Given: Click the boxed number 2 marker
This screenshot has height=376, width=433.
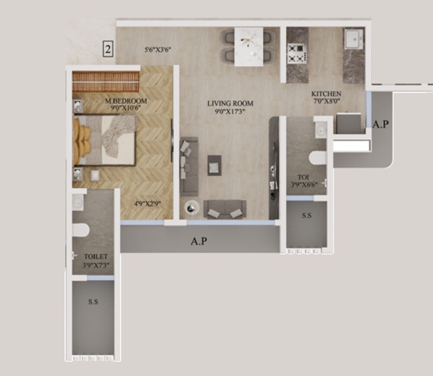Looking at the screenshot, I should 108,49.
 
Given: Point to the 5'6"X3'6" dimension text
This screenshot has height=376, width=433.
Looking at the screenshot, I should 158,49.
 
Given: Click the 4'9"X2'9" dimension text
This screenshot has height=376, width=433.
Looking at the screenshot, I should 147,202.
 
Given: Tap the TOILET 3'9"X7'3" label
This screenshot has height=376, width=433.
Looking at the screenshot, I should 96,260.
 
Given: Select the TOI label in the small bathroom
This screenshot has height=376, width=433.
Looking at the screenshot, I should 303,177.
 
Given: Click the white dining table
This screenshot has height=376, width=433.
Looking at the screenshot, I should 249,46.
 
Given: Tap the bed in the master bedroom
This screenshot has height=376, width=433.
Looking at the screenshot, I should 106,140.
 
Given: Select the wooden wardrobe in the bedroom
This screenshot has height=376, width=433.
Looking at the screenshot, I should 106,81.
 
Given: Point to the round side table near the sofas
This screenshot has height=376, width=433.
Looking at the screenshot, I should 192,208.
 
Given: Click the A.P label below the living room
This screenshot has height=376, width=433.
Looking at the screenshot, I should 199,241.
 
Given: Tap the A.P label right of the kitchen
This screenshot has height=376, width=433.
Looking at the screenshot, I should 380,124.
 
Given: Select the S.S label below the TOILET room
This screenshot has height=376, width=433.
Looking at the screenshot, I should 93,302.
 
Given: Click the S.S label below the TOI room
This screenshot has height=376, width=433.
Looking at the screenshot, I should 306,215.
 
